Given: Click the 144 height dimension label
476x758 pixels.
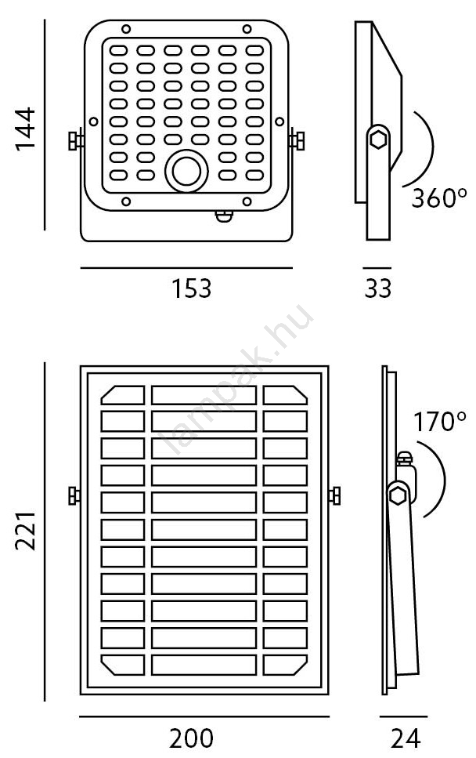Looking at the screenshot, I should [25, 129].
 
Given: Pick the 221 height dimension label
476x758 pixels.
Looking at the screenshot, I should [25, 528].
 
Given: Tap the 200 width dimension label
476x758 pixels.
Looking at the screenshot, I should [191, 738].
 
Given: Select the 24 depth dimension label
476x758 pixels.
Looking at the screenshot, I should [404, 738].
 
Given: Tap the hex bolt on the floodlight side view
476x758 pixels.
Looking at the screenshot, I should [378, 140].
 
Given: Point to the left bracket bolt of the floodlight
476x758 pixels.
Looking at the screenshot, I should [75, 141].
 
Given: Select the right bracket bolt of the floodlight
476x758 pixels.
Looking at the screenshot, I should [297, 141].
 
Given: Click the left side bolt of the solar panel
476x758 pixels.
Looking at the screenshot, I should [74, 496].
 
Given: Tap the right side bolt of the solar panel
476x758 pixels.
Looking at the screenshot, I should [336, 496].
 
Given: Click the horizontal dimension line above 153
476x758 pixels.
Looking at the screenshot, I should [186, 268].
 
